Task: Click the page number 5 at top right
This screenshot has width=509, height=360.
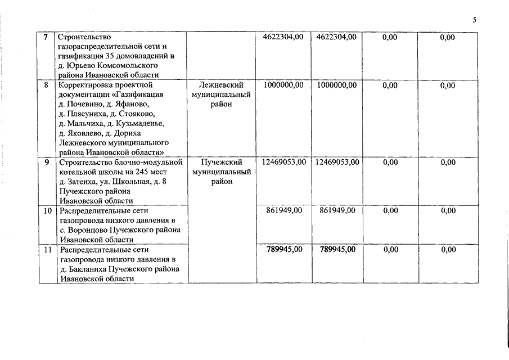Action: (474, 20)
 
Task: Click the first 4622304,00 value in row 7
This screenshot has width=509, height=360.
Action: (283, 37)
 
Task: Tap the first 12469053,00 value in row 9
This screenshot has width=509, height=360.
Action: (283, 162)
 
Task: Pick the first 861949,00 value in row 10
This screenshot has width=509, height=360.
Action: (283, 210)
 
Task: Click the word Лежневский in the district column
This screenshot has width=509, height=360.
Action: (220, 85)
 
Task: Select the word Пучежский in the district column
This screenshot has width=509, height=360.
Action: (220, 162)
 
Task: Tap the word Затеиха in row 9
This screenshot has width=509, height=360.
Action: (85, 182)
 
